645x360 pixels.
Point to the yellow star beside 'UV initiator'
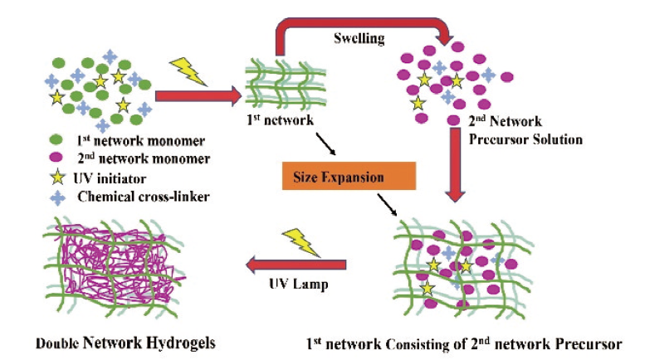tap(56, 178)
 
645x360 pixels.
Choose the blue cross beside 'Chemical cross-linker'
tap(56, 197)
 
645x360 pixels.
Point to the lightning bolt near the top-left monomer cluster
tap(189, 70)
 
